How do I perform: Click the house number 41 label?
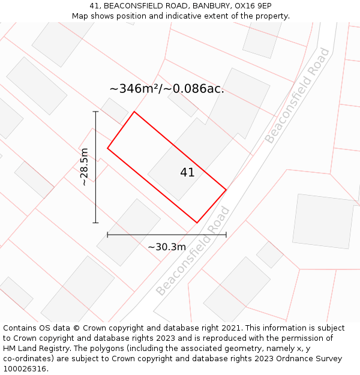coord(187,172)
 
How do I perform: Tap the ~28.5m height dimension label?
coord(85,167)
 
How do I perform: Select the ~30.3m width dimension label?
coord(167,247)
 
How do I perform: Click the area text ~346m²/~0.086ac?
coord(167,88)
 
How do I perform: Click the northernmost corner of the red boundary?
coord(134,112)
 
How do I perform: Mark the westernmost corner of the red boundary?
coord(107,148)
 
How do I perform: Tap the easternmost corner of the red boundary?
coord(226,190)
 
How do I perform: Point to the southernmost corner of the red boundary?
coord(197,223)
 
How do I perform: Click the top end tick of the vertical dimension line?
coord(95,112)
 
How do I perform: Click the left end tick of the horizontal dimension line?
coord(107,235)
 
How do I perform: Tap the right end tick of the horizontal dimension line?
coord(226,235)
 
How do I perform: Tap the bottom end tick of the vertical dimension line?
coord(95,223)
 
